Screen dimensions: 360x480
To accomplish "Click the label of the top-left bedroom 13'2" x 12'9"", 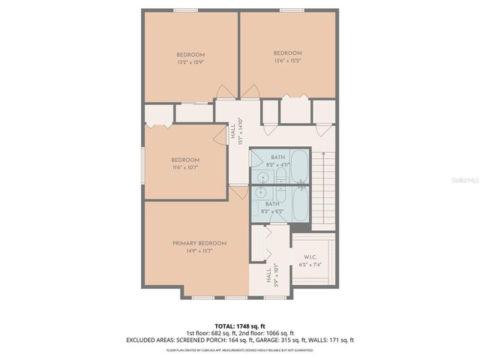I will coord(190,58).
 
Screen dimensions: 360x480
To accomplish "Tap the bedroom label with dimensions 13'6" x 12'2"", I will coord(287,57).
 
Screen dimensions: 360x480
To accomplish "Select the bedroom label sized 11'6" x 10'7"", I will coord(184,163).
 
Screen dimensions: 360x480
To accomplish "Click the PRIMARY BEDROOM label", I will coord(199,247).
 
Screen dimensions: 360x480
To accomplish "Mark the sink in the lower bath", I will coord(261,192).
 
